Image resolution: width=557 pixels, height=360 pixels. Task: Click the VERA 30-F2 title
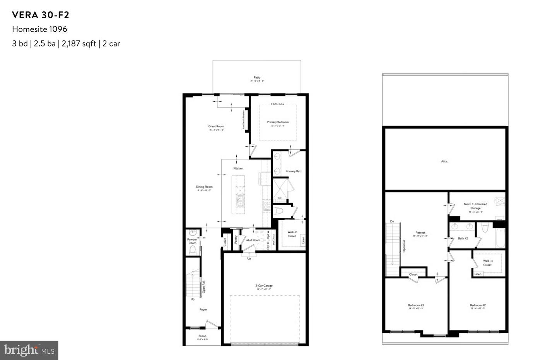pos(41,15)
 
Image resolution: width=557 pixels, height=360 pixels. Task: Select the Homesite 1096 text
pos(39,29)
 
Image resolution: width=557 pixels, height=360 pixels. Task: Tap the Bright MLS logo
pos(29,350)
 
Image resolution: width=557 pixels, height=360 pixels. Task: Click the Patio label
pos(257,78)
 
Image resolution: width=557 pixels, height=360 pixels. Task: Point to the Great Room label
pos(216,127)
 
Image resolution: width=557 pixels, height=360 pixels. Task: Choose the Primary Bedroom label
pos(278,122)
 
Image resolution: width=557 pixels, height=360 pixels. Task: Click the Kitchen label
pos(238,168)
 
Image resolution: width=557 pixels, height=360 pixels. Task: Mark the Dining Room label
pos(204,187)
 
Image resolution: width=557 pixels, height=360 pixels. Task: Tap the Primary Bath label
pos(294,171)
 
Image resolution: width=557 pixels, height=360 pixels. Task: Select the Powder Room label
pos(192,241)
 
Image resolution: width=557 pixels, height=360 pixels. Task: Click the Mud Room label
pos(253,240)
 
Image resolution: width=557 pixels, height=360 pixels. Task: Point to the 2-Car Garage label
pos(264,286)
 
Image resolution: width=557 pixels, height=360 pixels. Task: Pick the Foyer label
pos(203,310)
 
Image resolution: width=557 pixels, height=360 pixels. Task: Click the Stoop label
pos(202,336)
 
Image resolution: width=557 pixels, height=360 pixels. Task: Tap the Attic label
pos(444,161)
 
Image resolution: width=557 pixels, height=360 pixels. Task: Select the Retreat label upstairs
pos(420,233)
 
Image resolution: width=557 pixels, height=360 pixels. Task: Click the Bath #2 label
pos(463,238)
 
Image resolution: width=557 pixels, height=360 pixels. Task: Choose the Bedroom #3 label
pos(416,305)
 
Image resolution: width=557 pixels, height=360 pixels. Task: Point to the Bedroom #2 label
pos(478,305)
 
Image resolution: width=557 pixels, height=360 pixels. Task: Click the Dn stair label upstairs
pos(392,221)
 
